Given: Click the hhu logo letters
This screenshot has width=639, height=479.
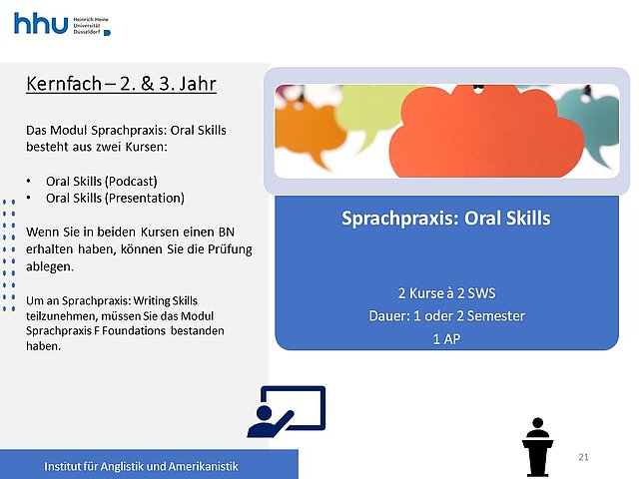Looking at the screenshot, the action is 41,23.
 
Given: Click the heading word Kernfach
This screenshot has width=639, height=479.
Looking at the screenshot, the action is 64,84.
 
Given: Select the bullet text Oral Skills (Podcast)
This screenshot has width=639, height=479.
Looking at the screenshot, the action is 102,182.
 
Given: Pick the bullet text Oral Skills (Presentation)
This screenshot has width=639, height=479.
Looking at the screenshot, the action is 115,199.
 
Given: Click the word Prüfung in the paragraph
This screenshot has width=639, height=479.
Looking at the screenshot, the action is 230,249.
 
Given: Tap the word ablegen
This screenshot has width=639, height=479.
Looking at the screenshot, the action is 50,266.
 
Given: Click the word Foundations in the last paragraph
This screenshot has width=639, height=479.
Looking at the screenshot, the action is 134,330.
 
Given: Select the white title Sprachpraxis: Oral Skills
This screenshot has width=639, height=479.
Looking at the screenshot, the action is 446,219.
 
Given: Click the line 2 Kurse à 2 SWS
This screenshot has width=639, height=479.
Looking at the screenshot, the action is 446,293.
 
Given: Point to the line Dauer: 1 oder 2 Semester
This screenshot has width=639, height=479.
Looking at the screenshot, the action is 446,316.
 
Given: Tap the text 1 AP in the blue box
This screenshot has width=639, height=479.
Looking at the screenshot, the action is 446,339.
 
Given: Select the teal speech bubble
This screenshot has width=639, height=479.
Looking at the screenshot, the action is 591,122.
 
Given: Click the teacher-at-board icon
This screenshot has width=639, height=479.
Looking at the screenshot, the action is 287,412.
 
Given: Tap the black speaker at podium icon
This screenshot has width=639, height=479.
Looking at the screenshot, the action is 537,447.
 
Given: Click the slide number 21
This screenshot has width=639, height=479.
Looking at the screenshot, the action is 583,457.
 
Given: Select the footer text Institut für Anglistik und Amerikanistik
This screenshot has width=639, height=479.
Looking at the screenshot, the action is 141,466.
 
